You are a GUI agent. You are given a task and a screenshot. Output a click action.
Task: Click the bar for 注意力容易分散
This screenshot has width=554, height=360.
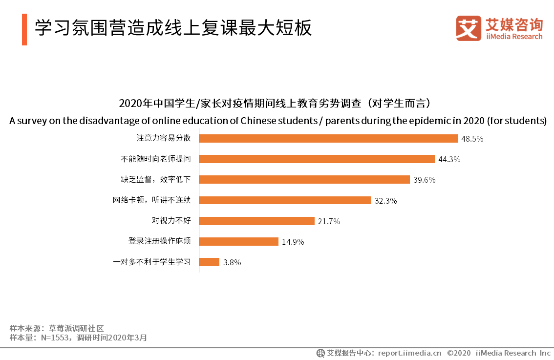(x=328, y=138)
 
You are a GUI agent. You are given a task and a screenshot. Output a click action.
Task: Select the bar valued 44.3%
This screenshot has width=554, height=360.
(x=317, y=159)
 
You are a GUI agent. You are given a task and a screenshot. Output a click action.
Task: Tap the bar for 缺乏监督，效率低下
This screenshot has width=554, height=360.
(x=304, y=179)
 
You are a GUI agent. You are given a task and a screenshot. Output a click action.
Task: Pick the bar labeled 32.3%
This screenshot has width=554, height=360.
(x=285, y=200)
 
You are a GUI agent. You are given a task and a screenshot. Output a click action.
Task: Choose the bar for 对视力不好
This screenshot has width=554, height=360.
(x=256, y=221)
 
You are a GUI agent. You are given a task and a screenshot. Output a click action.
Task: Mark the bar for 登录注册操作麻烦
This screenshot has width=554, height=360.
(x=239, y=241)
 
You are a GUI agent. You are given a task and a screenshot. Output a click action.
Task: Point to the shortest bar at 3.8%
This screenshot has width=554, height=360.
(x=210, y=262)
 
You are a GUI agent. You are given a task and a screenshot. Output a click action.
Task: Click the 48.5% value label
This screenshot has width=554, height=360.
(x=472, y=139)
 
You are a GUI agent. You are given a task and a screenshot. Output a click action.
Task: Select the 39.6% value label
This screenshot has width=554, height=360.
(x=424, y=180)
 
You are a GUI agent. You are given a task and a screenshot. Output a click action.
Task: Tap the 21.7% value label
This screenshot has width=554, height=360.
(x=329, y=221)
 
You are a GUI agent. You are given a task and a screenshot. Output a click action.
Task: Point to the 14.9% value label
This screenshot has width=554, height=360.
(x=293, y=242)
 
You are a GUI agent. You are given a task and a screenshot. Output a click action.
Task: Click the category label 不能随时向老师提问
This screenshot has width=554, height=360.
(x=155, y=159)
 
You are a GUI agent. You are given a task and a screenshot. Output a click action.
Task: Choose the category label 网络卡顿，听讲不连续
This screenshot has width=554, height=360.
(x=151, y=200)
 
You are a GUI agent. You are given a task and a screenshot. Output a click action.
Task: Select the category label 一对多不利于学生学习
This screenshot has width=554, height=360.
(x=151, y=262)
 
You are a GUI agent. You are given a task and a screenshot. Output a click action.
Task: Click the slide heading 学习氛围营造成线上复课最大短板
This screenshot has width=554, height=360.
(x=173, y=29)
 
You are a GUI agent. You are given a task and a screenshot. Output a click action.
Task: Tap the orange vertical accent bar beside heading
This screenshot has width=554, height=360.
(x=24, y=29)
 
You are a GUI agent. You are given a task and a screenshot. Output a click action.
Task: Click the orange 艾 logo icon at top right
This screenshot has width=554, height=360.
(x=469, y=28)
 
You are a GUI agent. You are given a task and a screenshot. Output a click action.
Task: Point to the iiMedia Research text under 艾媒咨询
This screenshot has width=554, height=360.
(x=514, y=37)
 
